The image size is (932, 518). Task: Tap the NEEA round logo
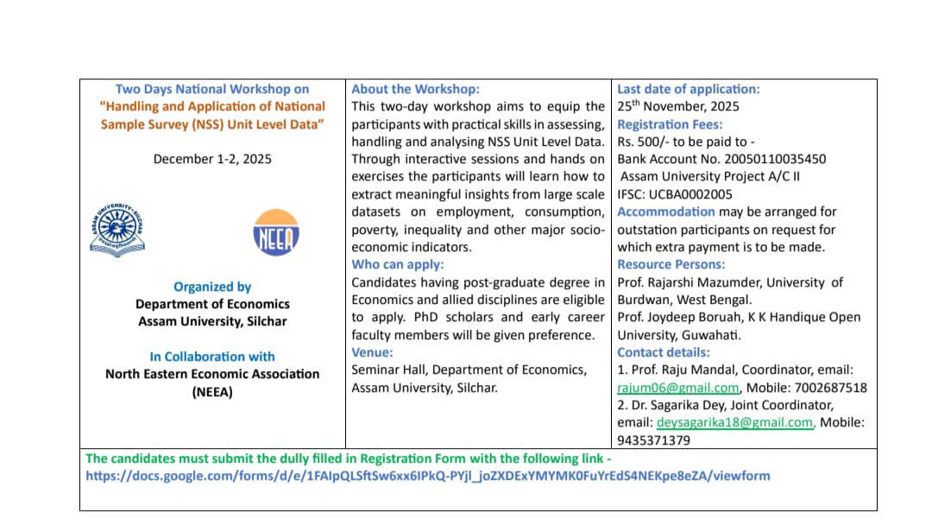276,231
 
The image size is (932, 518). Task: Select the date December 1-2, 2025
212,159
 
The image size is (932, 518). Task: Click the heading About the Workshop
415,89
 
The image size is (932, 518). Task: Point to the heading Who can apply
398,264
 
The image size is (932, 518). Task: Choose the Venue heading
373,352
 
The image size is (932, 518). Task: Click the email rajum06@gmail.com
678,388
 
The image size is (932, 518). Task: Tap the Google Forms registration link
427,476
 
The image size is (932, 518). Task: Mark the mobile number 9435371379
653,440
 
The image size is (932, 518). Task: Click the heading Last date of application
689,89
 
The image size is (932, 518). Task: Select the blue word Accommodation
666,212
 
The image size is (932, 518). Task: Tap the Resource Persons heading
671,264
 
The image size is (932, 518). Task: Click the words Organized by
212,287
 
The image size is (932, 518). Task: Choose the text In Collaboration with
212,357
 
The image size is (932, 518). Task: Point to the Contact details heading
664,352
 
